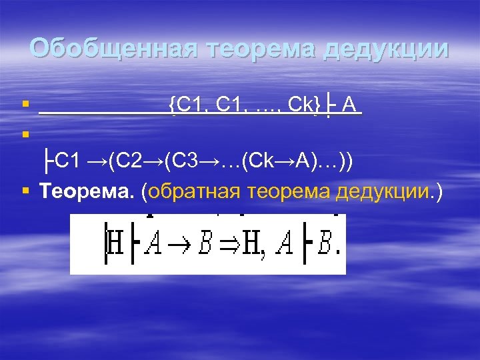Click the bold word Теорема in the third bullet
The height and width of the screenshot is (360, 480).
click(88, 193)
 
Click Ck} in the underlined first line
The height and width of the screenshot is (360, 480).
click(305, 104)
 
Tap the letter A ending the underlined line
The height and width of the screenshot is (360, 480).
click(351, 104)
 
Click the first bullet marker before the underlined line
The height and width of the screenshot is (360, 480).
click(25, 105)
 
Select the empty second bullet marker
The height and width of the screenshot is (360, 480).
click(25, 133)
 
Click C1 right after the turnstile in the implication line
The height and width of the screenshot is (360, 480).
click(67, 161)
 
